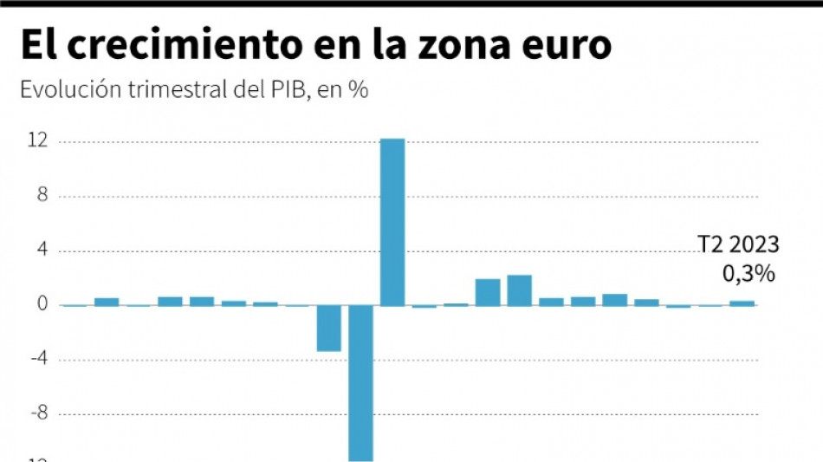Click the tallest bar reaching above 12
[x=392, y=222]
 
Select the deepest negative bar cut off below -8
[x=360, y=382]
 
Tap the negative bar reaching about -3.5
[x=328, y=328]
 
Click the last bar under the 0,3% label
[x=742, y=303]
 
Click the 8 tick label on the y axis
[x=40, y=196]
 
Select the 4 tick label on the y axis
[x=40, y=251]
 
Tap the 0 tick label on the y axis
[x=40, y=305]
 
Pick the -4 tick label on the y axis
[x=36, y=360]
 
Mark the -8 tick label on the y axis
[x=36, y=414]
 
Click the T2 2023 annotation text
[x=738, y=245]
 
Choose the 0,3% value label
[x=748, y=274]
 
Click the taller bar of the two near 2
[x=519, y=290]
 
